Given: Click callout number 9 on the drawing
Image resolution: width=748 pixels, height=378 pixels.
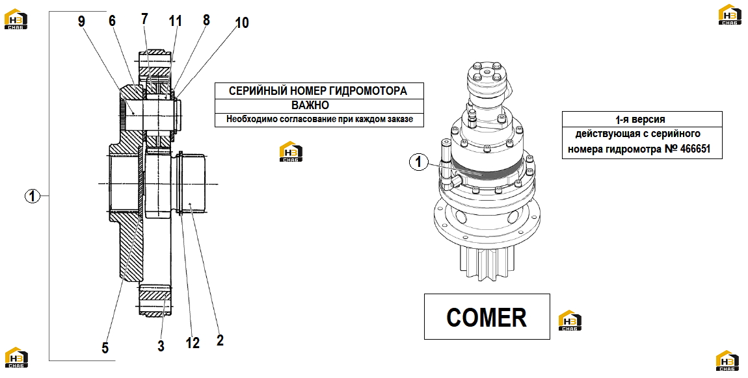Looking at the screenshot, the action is (x=81, y=22).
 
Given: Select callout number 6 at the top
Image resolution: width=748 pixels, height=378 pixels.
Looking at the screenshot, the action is (x=112, y=21).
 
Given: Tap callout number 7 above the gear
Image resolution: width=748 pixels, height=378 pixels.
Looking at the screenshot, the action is (x=144, y=19).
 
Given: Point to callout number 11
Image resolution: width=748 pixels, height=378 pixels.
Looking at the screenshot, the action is (x=175, y=21).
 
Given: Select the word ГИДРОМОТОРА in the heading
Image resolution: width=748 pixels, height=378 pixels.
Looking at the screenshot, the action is (x=368, y=90).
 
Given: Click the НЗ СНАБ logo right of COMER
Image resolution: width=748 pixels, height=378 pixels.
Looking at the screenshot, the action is (x=570, y=320).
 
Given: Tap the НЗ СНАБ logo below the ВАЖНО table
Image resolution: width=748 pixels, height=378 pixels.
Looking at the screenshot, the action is (x=291, y=151).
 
